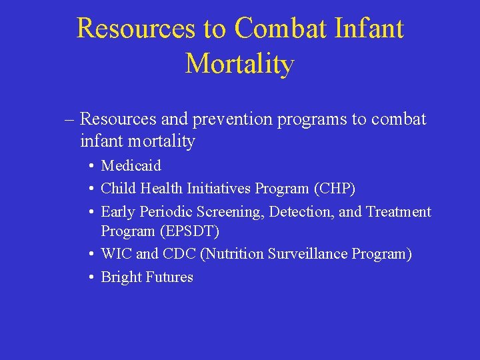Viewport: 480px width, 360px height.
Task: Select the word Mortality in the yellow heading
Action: click(239, 64)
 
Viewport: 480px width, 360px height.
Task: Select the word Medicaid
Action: click(131, 165)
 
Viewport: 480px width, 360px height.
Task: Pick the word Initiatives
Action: click(217, 189)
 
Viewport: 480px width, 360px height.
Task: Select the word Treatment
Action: click(399, 212)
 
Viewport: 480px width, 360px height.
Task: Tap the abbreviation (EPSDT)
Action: click(189, 231)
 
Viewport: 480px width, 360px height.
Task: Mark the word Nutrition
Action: click(237, 254)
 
